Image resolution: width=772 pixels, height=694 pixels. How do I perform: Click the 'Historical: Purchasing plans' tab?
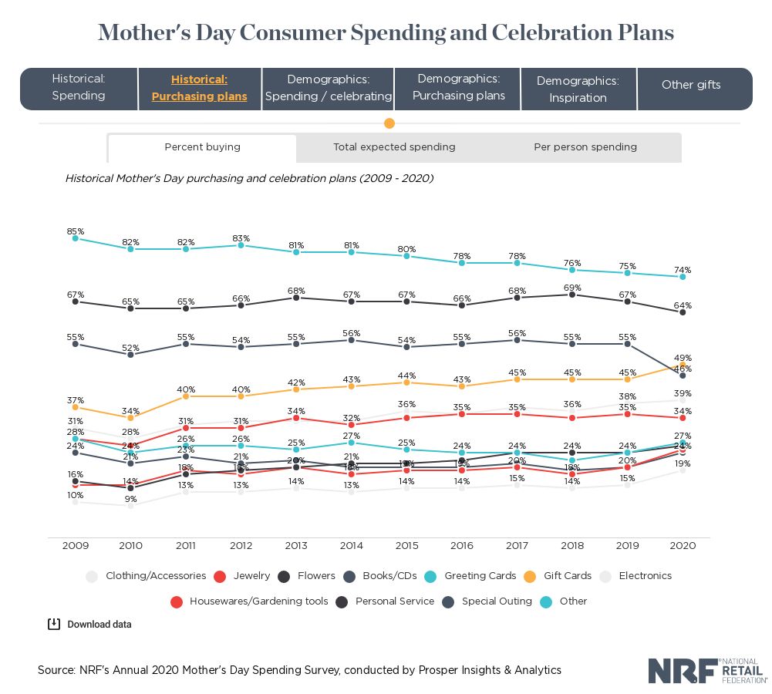[x=200, y=88]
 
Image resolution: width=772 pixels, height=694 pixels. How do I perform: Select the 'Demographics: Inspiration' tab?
[x=578, y=89]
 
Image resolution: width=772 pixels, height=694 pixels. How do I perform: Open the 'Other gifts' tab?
[x=691, y=85]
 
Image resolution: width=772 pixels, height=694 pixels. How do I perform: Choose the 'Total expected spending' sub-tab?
[x=394, y=147]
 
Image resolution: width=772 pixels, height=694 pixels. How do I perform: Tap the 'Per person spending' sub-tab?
[x=585, y=147]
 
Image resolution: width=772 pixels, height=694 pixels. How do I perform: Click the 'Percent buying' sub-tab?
[x=202, y=147]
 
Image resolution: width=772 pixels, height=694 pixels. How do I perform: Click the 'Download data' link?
[x=90, y=625]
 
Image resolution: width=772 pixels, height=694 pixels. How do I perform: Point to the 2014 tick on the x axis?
[x=351, y=545]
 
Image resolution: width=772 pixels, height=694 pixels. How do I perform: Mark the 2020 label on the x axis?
[x=683, y=545]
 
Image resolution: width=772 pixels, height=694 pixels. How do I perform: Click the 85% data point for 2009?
[x=76, y=238]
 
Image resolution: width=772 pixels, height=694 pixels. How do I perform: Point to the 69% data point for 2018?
[x=572, y=295]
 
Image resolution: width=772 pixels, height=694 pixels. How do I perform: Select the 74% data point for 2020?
[x=683, y=277]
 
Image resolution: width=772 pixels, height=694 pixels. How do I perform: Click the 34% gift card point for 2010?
[x=130, y=417]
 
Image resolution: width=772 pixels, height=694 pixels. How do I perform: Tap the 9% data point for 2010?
[x=130, y=506]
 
